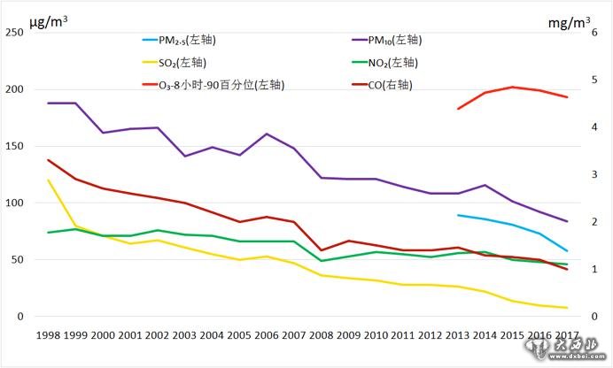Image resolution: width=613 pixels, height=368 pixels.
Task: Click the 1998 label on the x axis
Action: point(48,337)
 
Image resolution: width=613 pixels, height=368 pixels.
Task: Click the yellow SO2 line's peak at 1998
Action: point(48,180)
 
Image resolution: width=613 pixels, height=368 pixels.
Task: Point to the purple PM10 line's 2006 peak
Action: point(267,134)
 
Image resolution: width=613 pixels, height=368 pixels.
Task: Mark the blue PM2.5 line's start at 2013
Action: point(458,215)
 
